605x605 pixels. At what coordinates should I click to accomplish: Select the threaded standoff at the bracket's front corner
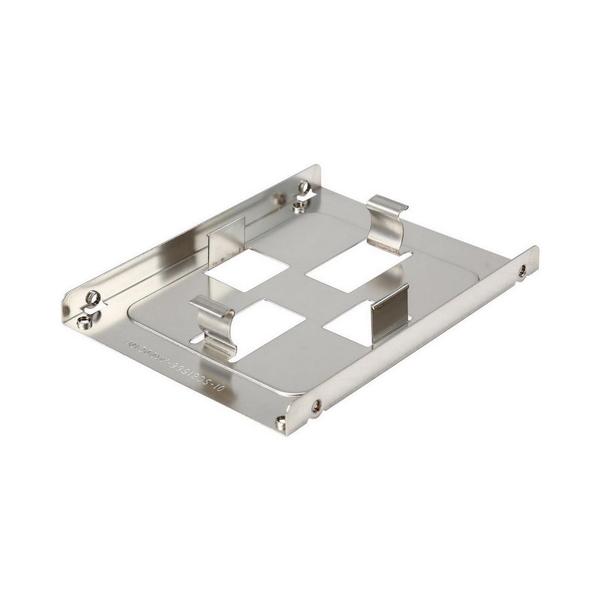pos(281,423)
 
